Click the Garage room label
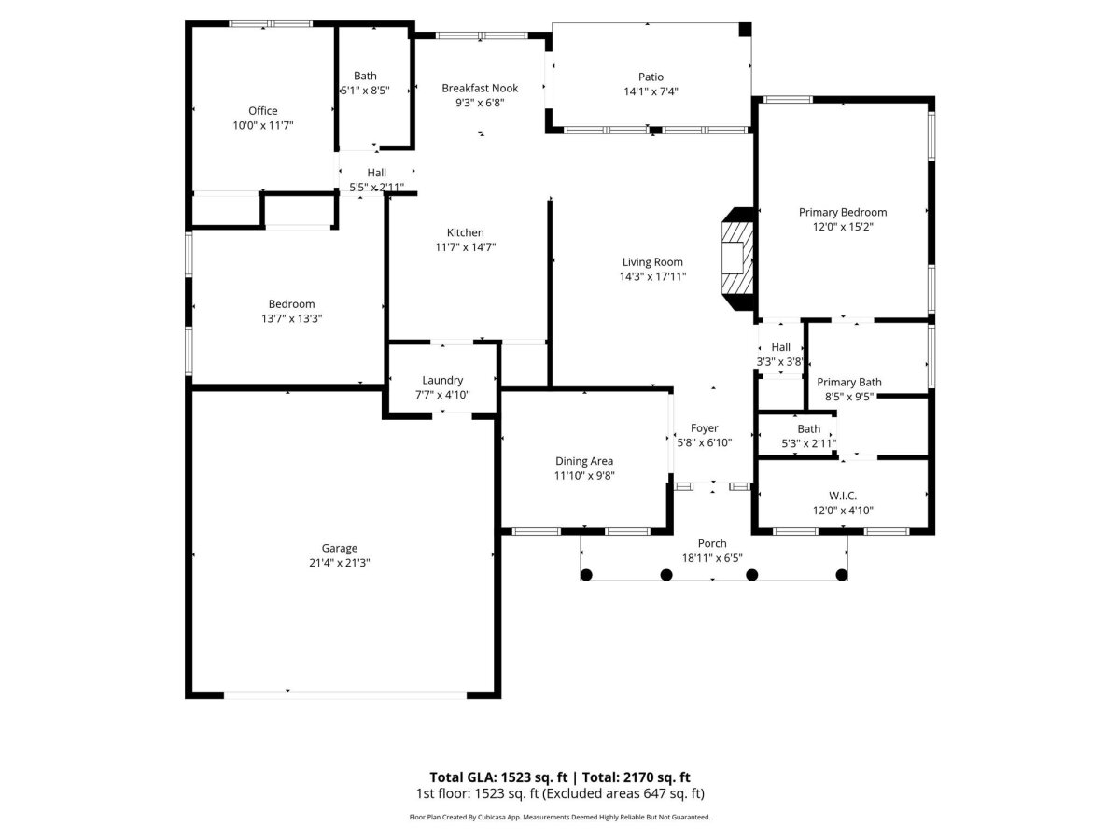click(x=340, y=548)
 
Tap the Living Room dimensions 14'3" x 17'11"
click(x=652, y=276)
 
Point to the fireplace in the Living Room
click(x=738, y=259)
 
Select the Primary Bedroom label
click(x=843, y=212)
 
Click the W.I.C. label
click(x=843, y=496)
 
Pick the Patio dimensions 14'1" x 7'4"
click(x=651, y=91)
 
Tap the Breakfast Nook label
click(x=480, y=89)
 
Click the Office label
click(x=263, y=111)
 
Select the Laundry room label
click(x=442, y=381)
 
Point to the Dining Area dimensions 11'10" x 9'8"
click(x=584, y=476)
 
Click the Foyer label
click(x=704, y=428)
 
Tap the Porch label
click(x=712, y=544)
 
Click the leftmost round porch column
click(x=586, y=575)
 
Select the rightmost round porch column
click(x=842, y=575)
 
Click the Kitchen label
click(x=466, y=232)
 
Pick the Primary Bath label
click(x=849, y=383)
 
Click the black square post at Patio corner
click(x=746, y=30)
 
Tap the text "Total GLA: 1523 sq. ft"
click(x=498, y=777)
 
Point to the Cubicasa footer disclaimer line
click(x=560, y=817)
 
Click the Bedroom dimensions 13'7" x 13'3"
click(x=291, y=319)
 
